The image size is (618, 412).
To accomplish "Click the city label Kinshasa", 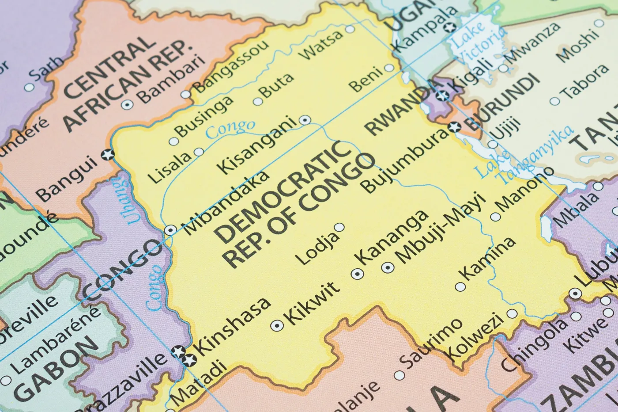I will pyautogui.click(x=233, y=326).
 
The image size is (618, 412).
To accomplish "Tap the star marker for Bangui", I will pyautogui.click(x=107, y=155).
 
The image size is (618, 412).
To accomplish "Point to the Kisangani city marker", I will pyautogui.click(x=305, y=120).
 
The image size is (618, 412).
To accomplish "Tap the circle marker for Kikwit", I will pyautogui.click(x=277, y=326).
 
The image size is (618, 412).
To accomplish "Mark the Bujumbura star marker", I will pyautogui.click(x=454, y=127).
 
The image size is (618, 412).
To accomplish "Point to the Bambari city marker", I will pyautogui.click(x=127, y=104).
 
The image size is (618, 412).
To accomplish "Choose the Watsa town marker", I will pyautogui.click(x=350, y=30).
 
